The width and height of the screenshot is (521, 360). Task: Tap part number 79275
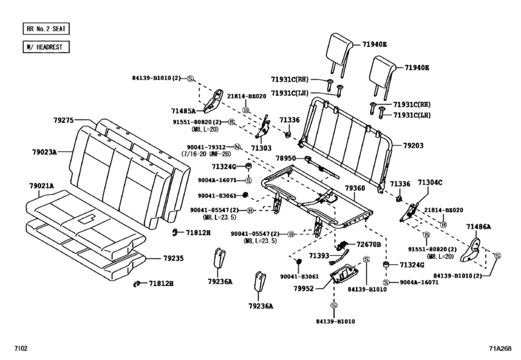(x=64, y=120)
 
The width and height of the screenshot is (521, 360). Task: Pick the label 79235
(x=173, y=258)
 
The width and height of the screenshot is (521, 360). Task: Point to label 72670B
(x=369, y=245)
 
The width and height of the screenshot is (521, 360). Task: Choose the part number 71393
(x=318, y=256)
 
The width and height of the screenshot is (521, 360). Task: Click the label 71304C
(x=431, y=183)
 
